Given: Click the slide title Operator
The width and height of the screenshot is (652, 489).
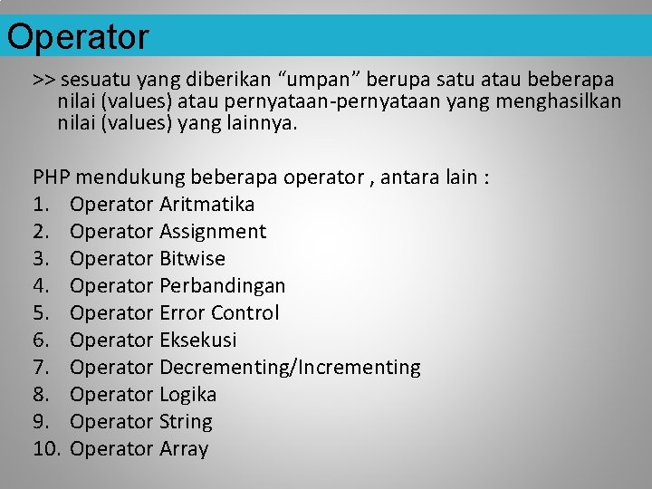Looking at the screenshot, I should click(78, 37).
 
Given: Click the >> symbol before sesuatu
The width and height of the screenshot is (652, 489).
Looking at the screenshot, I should click(44, 80).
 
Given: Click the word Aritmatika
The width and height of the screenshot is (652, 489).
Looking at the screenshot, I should click(206, 204).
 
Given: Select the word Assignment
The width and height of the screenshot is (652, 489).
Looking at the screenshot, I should click(213, 231).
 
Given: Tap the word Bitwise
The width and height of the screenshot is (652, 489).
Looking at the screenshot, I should click(192, 258).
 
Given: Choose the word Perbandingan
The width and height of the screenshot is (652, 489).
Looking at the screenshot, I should click(222, 285).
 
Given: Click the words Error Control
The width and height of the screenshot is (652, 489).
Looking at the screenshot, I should click(219, 312).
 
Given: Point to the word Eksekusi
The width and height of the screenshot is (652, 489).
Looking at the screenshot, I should click(197, 340).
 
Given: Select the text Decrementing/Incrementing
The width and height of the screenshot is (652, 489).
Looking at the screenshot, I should click(290, 367).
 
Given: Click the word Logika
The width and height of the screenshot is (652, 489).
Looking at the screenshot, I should click(187, 394).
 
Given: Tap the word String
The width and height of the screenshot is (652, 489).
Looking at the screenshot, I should click(186, 421).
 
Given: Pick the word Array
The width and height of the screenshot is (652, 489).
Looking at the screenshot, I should click(184, 448).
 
